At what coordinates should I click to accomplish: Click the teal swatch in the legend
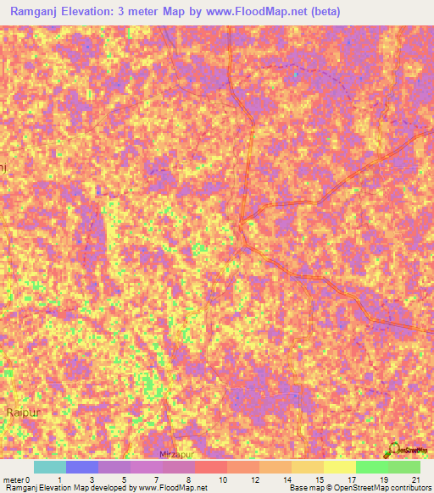50,467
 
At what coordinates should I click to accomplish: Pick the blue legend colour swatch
82,467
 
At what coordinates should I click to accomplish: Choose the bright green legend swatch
372,467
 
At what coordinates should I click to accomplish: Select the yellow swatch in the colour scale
340,467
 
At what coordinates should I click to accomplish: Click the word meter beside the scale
13,479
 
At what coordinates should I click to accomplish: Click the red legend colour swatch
210,467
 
